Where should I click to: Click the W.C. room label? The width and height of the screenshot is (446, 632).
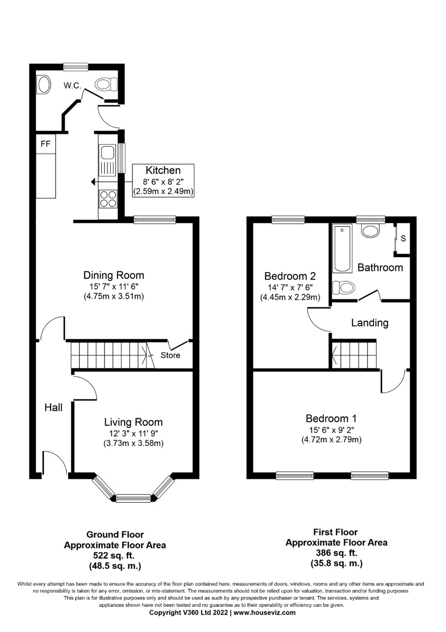(73, 85)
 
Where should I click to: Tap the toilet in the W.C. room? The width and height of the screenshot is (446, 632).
(106, 84)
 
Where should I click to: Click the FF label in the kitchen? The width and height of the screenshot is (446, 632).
(45, 144)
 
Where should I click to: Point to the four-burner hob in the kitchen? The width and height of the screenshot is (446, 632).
(108, 199)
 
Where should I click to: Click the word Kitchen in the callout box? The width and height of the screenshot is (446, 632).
(163, 170)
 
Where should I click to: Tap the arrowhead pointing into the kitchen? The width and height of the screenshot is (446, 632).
(93, 182)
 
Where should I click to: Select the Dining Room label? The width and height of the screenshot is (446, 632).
(113, 275)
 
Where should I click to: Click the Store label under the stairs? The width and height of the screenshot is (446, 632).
(170, 355)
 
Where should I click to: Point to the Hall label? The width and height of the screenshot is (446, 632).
(54, 407)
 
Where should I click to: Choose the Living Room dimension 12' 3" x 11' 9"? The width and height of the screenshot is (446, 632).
(133, 434)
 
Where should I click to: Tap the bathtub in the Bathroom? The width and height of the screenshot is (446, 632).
(342, 248)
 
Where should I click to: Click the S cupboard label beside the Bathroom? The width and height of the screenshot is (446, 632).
(403, 238)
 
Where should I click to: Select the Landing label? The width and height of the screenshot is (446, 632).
(370, 323)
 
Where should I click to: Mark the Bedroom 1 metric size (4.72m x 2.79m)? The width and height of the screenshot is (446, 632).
(332, 439)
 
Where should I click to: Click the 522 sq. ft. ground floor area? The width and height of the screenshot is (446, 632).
(114, 555)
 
